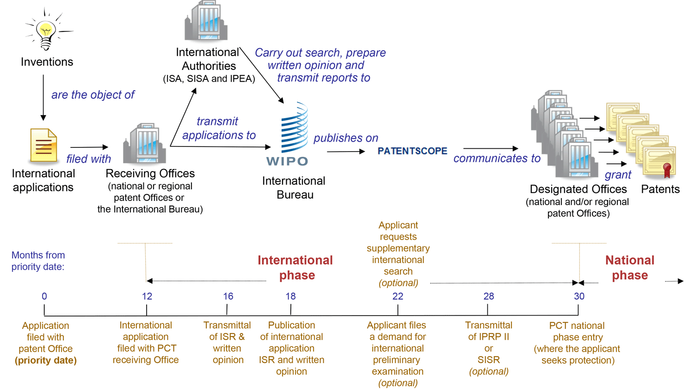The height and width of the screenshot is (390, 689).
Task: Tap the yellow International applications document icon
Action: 43,146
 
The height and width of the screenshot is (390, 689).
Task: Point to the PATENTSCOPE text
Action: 412,151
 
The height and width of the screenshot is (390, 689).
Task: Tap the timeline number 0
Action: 44,296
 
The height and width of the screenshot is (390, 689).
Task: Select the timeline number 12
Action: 147,296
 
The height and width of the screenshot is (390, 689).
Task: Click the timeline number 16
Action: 228,296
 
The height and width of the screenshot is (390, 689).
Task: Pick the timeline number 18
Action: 290,296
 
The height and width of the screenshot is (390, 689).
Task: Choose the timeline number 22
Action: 398,296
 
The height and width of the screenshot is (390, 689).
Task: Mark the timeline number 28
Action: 489,296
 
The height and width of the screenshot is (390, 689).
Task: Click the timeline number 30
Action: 579,296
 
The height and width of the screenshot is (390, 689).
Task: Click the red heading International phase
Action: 295,268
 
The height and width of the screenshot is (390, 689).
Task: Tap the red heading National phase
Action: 630,268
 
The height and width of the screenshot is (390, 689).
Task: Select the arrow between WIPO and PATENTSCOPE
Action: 345,151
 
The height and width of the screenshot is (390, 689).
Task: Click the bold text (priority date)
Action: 46,360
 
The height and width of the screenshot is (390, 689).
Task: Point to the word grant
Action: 618,175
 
